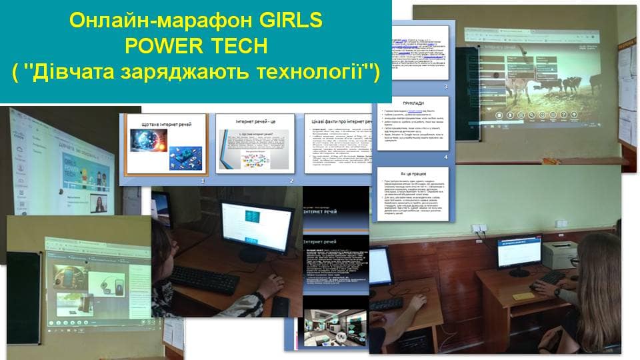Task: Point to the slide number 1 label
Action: click(204, 181)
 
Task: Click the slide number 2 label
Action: click(291, 181)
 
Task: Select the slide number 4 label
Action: click(446, 157)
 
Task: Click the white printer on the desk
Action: click(557, 254)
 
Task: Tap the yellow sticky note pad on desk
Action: click(523, 295)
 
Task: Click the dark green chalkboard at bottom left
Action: click(23, 287)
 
